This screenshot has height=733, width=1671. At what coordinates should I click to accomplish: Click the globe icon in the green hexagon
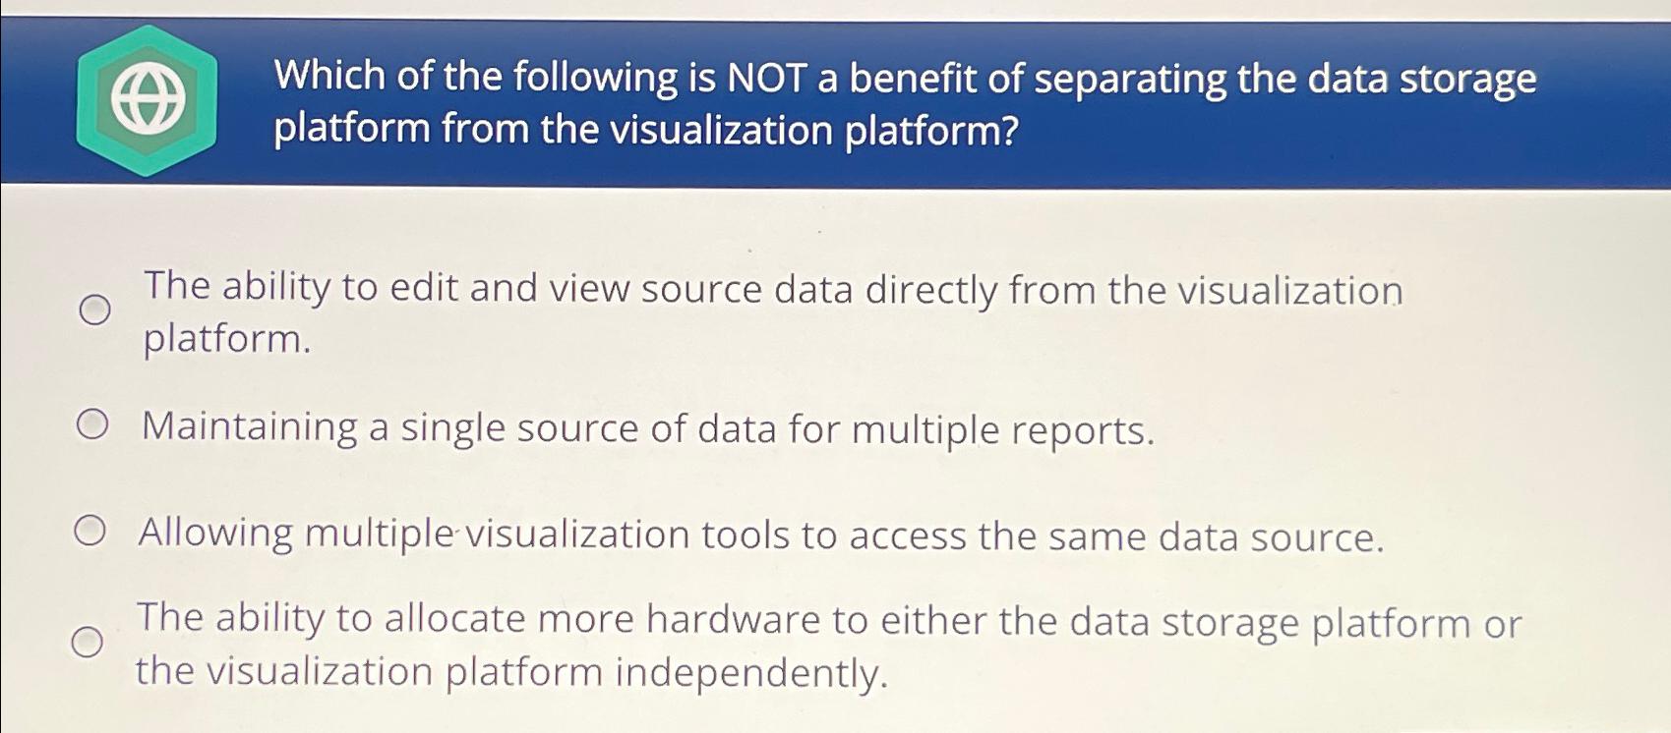148,101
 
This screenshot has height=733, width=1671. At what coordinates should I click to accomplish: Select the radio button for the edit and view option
94,310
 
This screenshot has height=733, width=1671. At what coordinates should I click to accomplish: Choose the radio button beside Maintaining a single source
91,425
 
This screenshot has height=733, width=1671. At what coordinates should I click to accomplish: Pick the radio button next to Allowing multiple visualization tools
90,532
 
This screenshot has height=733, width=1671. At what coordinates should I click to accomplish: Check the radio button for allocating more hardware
87,643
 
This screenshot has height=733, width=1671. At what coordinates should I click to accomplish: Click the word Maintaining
249,427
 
